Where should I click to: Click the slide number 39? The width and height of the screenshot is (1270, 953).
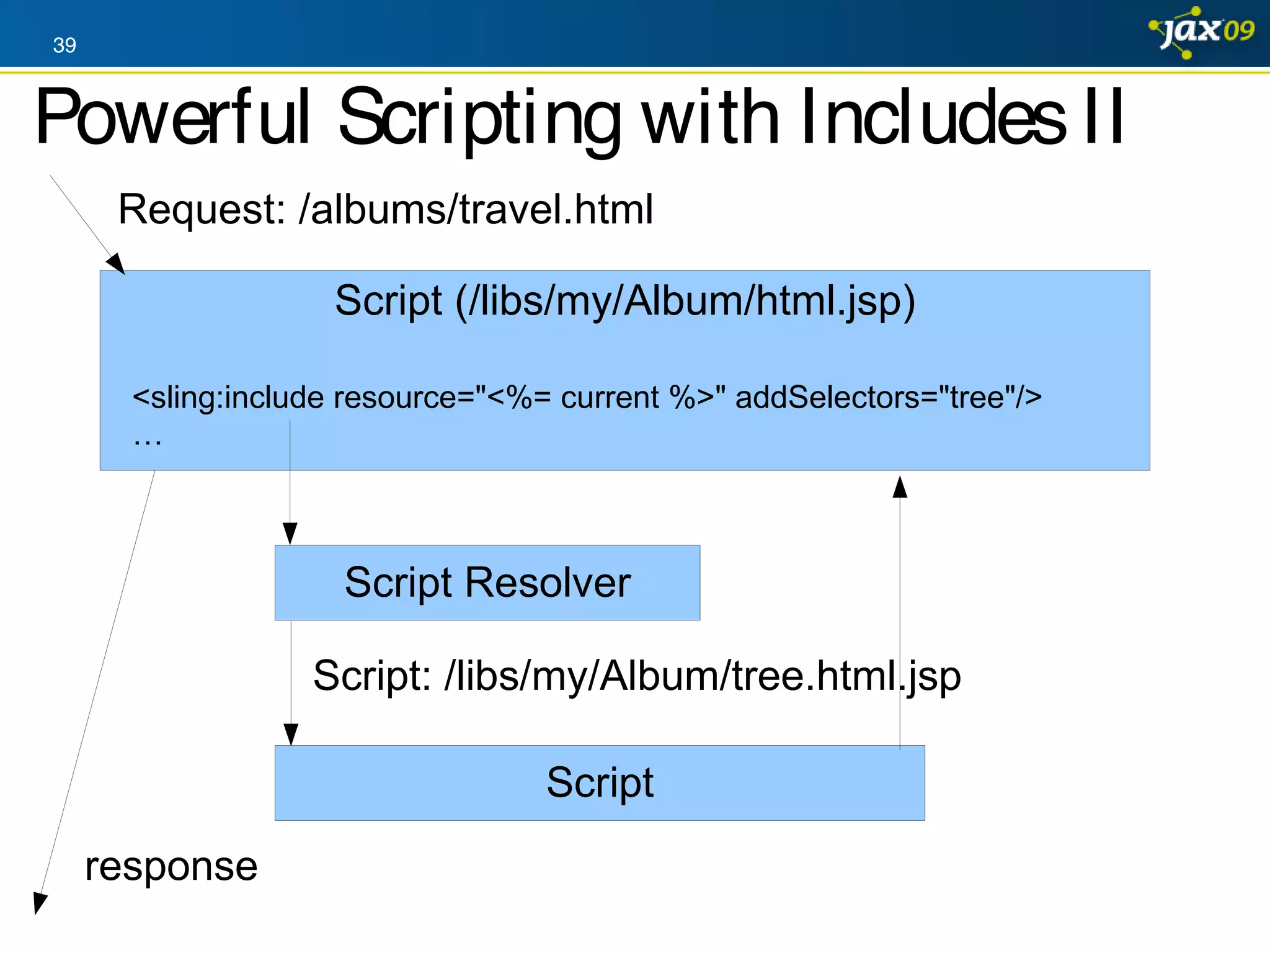click(64, 45)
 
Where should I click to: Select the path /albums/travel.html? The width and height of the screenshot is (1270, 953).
click(476, 209)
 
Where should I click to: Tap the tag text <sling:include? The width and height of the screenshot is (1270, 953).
click(228, 397)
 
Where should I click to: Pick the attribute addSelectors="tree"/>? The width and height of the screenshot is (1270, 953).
click(888, 397)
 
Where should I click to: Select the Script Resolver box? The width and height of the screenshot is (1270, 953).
click(487, 583)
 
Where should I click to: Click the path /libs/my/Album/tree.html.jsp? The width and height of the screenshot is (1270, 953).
click(703, 676)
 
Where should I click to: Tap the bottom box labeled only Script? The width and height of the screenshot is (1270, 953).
click(600, 783)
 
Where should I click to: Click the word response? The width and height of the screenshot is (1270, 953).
click(171, 866)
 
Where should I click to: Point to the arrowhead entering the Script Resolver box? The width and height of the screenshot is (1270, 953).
click(290, 534)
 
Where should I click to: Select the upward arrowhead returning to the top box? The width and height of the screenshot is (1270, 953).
click(900, 487)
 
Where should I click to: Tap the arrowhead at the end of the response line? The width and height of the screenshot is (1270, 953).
click(39, 903)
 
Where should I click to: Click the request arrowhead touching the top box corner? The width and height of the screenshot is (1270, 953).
click(116, 264)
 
